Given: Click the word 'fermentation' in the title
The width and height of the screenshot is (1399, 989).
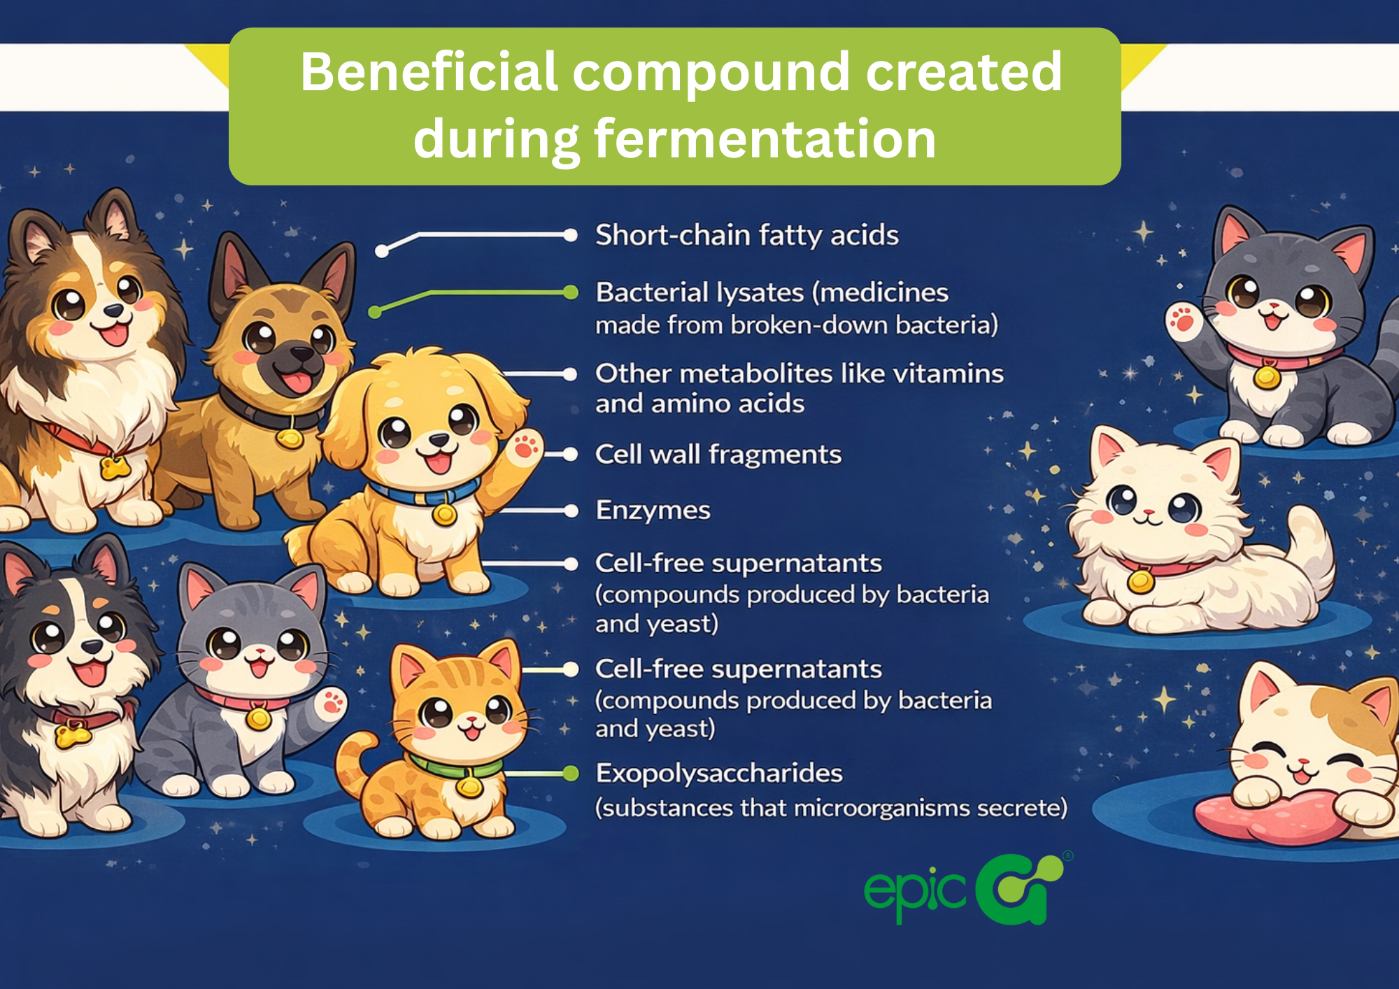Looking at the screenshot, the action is [765, 138].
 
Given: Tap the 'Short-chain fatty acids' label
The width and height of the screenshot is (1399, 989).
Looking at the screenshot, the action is [747, 235].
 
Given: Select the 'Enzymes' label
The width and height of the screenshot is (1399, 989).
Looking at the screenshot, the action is [653, 511].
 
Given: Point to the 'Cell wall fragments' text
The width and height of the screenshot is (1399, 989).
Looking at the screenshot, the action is [718, 455].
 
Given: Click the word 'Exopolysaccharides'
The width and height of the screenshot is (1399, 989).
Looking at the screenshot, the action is [719, 774].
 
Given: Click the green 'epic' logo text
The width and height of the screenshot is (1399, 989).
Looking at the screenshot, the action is [915, 893].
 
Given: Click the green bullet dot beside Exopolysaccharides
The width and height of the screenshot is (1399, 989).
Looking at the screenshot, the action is [571, 773].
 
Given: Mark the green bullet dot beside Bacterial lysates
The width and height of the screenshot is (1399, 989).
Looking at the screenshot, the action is [571, 292].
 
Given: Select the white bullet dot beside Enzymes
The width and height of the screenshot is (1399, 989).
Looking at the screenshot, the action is [571, 511].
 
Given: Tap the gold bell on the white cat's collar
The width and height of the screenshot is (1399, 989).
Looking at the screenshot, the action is [1140, 581].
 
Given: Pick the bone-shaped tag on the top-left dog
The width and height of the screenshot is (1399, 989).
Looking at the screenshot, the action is [114, 467].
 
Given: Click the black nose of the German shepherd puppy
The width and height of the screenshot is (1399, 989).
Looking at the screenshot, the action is [301, 353].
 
